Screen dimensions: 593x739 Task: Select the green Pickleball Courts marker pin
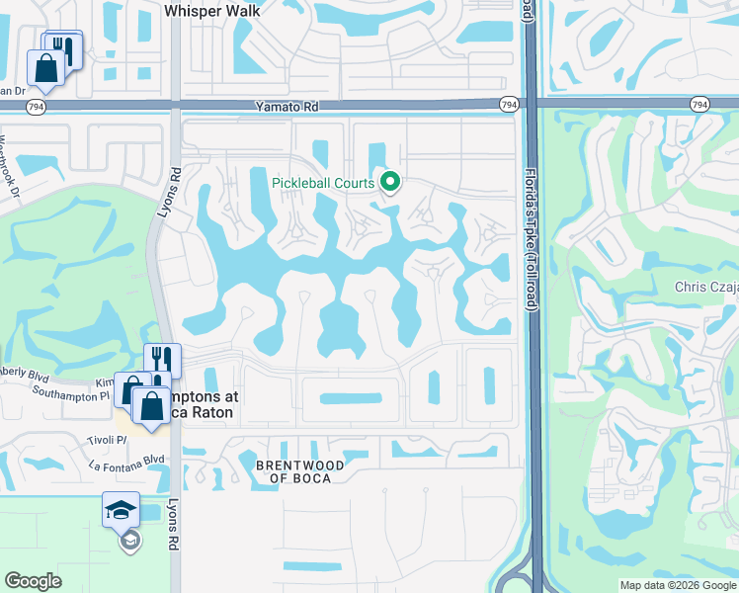click(x=390, y=181)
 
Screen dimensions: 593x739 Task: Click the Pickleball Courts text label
click(x=324, y=183)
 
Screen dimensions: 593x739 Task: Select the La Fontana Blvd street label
click(x=125, y=460)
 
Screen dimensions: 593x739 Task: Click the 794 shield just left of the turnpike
click(x=509, y=104)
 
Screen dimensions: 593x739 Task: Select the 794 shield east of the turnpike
click(x=699, y=104)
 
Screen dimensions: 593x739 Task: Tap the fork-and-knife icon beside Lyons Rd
click(x=162, y=360)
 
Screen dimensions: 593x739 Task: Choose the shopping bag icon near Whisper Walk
click(x=45, y=67)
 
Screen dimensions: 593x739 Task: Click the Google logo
click(x=34, y=581)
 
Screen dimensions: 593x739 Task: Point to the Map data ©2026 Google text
click(x=678, y=585)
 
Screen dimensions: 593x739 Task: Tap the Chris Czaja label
click(x=705, y=288)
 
